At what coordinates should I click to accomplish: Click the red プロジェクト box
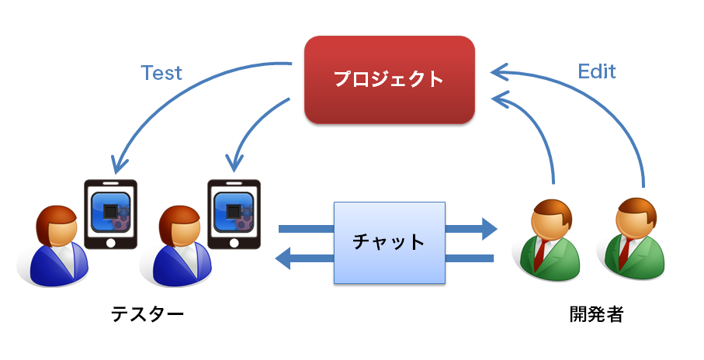[x=389, y=78]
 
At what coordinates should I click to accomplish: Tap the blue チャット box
[x=389, y=241]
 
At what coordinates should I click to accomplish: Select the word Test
[x=161, y=73]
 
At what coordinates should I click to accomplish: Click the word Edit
[x=597, y=71]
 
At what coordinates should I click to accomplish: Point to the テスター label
[x=147, y=314]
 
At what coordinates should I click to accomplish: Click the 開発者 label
[x=596, y=314]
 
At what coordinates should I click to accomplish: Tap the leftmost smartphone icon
[x=110, y=213]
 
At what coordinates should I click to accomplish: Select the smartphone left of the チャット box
[x=234, y=213]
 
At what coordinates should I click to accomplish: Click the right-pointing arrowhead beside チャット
[x=488, y=228]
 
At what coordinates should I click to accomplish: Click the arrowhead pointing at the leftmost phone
[x=118, y=164]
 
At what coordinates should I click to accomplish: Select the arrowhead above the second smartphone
[x=232, y=164]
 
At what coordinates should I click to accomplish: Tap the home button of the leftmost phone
[x=110, y=241]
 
